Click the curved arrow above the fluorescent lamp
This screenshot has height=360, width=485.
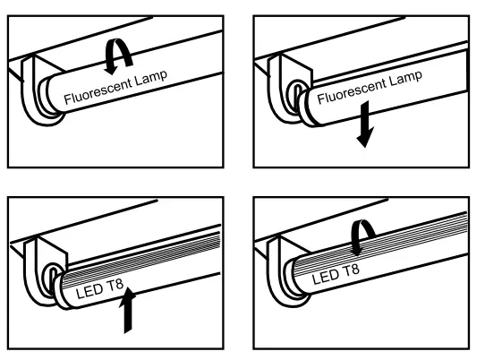pyautogui.click(x=116, y=56)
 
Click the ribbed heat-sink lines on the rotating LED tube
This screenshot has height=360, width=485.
pyautogui.click(x=403, y=251)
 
